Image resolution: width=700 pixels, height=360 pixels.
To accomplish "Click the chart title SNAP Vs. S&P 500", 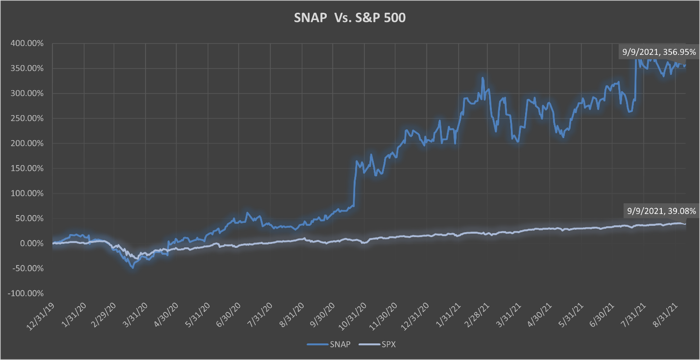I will (x=349, y=18).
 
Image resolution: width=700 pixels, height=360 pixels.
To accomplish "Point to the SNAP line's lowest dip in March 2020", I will (x=133, y=267).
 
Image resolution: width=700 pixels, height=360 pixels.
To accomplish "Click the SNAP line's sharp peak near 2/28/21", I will (x=483, y=78).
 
